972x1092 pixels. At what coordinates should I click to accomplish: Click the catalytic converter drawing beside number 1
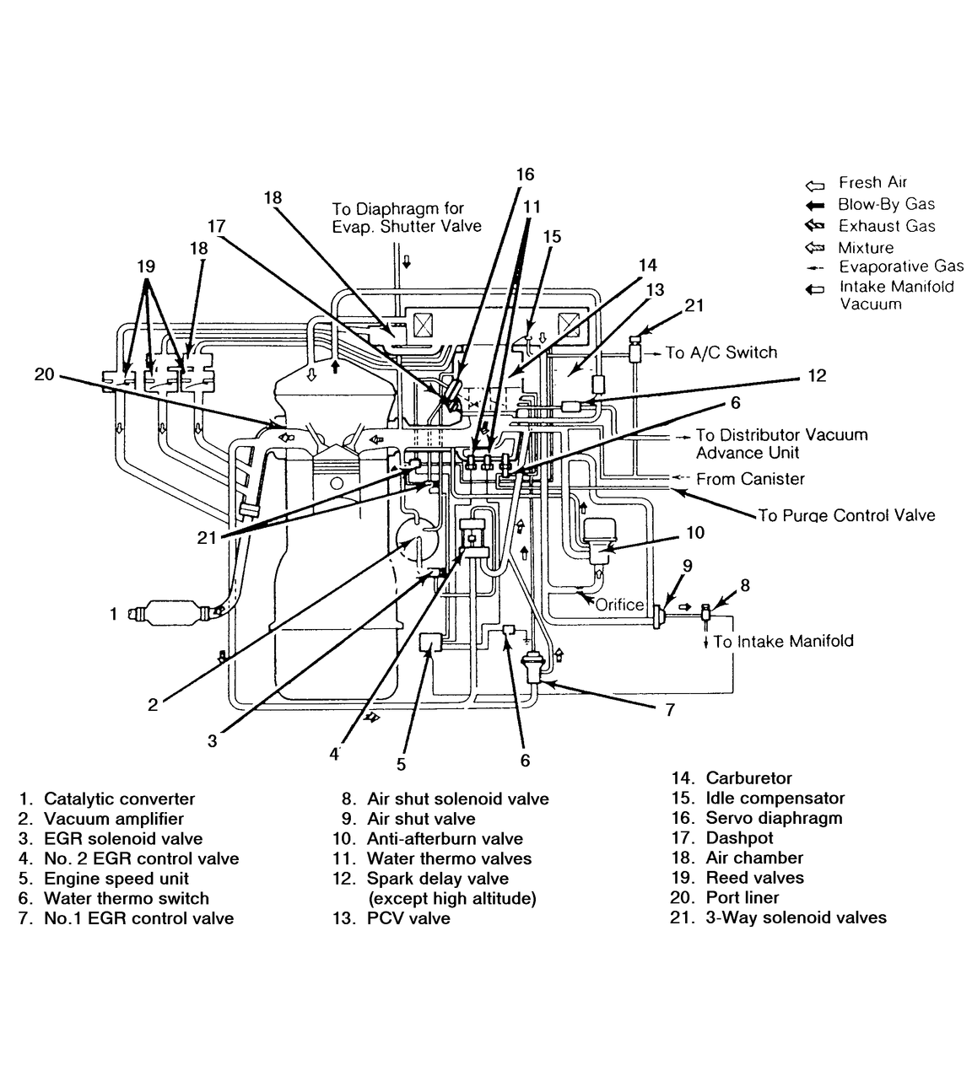[172, 612]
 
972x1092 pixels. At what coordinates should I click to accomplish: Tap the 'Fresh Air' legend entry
[872, 182]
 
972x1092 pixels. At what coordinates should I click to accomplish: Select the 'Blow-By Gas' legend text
[886, 204]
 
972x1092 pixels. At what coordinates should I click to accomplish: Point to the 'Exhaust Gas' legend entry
[886, 226]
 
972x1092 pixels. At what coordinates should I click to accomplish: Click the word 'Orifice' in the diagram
[619, 605]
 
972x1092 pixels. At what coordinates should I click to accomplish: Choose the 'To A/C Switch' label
[721, 352]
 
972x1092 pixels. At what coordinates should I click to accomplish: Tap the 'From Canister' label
[750, 479]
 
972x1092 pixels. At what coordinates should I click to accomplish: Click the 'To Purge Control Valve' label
[846, 515]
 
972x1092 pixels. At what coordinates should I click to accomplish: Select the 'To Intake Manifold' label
[783, 642]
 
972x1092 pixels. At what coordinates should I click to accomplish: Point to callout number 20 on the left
[44, 374]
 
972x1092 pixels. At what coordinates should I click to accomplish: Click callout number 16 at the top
[525, 175]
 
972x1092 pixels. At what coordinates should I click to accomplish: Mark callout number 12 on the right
[817, 375]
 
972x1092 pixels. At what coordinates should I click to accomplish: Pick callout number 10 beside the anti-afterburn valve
[694, 533]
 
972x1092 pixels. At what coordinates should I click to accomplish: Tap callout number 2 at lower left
[153, 704]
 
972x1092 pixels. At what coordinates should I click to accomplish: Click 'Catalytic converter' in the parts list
[119, 799]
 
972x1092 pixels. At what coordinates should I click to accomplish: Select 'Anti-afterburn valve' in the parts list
[445, 839]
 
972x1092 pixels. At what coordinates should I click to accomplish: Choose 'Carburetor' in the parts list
[748, 778]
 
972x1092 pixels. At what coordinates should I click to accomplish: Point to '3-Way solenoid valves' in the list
[796, 917]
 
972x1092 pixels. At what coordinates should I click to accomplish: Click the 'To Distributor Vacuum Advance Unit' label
[780, 444]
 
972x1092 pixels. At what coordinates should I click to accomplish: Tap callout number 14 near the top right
[647, 265]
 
